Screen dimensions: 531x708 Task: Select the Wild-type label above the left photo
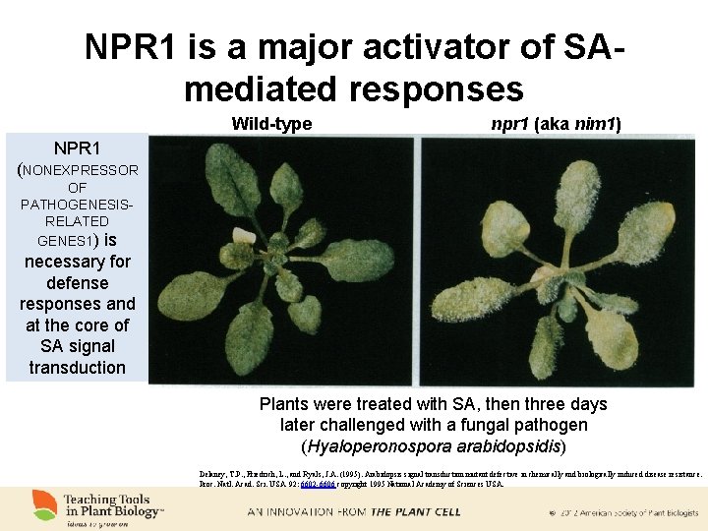click(x=271, y=124)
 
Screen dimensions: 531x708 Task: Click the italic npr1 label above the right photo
click(x=511, y=124)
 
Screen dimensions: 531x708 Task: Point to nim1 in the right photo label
click(x=594, y=124)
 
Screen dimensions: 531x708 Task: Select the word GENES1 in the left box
click(x=67, y=241)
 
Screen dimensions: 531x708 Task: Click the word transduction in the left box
click(x=78, y=368)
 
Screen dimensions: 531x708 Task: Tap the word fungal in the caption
click(x=462, y=425)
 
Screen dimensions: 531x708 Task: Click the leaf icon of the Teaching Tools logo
click(x=44, y=505)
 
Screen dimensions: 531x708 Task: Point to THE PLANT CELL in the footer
click(x=410, y=512)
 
